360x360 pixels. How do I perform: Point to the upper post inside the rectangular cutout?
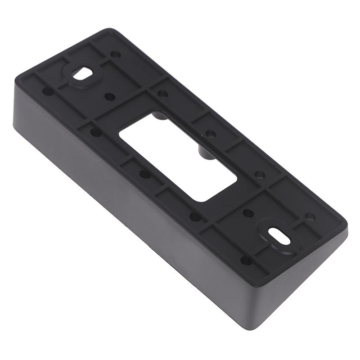(158, 117)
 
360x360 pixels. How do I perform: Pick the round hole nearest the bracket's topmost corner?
(116, 54)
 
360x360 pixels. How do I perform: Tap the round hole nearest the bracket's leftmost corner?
(47, 91)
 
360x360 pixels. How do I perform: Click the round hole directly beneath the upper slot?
(109, 96)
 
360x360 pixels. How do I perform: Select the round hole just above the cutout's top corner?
(162, 94)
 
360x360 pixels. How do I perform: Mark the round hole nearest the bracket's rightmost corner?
(310, 216)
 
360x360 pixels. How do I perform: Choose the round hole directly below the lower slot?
(246, 260)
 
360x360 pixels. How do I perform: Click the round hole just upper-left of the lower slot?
(248, 212)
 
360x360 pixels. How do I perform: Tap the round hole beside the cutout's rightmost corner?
(260, 175)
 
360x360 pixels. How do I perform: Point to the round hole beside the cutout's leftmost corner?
(96, 132)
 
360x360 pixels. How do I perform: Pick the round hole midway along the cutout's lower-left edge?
(145, 174)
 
